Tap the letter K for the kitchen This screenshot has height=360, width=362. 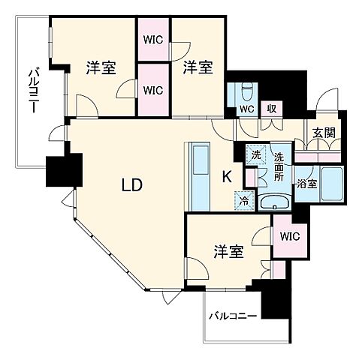[x=226, y=176]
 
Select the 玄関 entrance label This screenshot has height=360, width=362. [x=324, y=133]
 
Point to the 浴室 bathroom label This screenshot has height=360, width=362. [x=306, y=182]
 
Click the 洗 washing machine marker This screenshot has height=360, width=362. [x=255, y=154]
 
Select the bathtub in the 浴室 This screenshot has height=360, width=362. [x=331, y=184]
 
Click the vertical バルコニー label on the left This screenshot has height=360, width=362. [x=33, y=90]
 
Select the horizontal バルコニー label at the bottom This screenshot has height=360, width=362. [x=233, y=315]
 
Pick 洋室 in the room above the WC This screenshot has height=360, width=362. [x=197, y=67]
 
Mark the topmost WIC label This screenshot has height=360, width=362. [x=153, y=39]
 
